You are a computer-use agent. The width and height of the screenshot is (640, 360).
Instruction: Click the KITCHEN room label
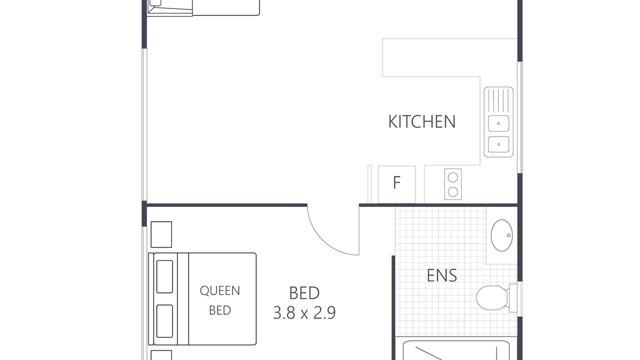[x=421, y=121]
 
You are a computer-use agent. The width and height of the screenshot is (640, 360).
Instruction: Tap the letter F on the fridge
[x=396, y=182]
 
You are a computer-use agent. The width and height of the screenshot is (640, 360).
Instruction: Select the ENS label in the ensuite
[x=441, y=275]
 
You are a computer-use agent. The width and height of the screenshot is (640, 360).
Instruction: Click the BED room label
[x=304, y=293]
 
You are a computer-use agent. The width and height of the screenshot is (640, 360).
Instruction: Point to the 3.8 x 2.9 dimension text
[x=304, y=312]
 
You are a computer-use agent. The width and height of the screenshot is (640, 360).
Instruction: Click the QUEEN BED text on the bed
[x=219, y=300]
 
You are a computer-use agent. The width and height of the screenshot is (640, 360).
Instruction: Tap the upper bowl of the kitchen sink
[x=498, y=123]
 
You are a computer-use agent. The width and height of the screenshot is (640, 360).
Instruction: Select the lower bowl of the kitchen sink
[x=498, y=144]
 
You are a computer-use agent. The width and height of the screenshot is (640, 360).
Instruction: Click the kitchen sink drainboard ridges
[x=498, y=100]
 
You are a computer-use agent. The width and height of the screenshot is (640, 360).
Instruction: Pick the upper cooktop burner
[x=453, y=177]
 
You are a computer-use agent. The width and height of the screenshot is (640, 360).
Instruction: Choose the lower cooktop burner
[x=453, y=191]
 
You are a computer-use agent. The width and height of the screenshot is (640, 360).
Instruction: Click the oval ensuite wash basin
[x=501, y=235]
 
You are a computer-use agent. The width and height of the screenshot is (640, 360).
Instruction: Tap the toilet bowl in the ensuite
[x=491, y=297]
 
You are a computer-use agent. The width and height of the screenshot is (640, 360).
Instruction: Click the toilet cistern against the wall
[x=513, y=298]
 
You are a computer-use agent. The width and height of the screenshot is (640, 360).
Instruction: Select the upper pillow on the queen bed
[x=164, y=276]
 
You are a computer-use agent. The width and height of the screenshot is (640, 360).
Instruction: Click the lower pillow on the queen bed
[x=164, y=321]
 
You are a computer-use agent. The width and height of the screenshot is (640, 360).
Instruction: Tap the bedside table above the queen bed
[x=161, y=234]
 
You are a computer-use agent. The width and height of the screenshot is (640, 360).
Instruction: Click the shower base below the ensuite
[x=456, y=350]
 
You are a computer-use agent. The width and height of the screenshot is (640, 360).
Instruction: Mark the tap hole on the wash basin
[x=508, y=235]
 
